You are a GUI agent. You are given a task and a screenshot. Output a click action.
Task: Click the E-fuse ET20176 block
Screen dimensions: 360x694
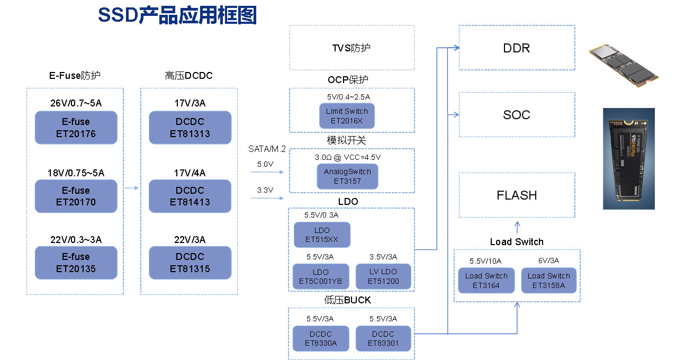(76, 128)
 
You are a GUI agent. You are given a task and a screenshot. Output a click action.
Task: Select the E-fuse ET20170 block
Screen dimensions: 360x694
(76, 196)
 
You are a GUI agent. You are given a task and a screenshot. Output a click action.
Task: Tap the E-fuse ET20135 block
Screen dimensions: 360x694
(76, 263)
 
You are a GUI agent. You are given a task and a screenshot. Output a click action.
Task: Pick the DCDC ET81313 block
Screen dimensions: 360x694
(190, 128)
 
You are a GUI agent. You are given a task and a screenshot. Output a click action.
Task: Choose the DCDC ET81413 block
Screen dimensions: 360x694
(190, 196)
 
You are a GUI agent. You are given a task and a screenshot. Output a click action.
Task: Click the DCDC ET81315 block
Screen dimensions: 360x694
(190, 263)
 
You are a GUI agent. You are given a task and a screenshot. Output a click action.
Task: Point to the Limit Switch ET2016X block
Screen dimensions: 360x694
(347, 116)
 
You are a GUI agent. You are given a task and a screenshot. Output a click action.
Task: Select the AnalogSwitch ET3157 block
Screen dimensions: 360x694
(347, 176)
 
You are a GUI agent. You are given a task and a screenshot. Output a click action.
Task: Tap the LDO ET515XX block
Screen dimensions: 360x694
(322, 235)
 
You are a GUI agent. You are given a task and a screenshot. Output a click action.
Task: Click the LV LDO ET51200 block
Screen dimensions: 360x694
(383, 276)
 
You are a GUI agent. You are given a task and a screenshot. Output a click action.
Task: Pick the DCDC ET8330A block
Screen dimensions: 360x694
(320, 339)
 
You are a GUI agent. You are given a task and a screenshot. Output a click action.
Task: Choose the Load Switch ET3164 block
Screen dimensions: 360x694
(486, 281)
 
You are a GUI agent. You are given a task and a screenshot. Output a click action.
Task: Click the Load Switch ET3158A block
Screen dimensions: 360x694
(548, 281)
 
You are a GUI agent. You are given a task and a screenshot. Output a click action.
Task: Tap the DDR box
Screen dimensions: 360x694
(516, 48)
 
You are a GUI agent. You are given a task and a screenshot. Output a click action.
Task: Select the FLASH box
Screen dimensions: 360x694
(516, 195)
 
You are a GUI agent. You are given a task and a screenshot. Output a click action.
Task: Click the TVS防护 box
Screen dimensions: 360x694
(351, 48)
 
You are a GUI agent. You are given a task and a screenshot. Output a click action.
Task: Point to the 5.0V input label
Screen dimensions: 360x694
(265, 165)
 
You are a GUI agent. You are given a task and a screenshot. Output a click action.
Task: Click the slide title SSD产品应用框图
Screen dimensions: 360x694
(177, 15)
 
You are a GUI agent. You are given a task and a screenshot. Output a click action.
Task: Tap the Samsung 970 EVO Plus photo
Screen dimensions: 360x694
(628, 158)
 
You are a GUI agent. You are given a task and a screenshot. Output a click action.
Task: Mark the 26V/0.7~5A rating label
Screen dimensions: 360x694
(76, 103)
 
